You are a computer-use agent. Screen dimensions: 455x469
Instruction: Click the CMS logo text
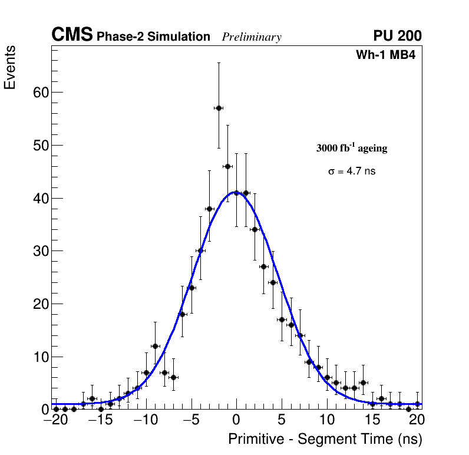[x=72, y=35]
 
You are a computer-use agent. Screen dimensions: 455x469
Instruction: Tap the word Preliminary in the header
[x=252, y=37]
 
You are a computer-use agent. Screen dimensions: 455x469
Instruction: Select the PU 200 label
[x=397, y=36]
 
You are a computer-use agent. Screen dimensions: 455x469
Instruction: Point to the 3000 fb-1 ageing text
[x=352, y=148]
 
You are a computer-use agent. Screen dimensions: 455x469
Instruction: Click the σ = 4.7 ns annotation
[x=352, y=172]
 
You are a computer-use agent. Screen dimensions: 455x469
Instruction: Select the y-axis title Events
[x=10, y=67]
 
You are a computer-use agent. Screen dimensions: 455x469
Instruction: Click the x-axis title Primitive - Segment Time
[x=325, y=439]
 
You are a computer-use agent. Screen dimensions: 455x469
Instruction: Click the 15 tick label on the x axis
[x=372, y=420]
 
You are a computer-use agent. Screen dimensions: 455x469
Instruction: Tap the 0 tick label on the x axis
[x=236, y=420]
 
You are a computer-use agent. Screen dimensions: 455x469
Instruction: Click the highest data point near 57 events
[x=219, y=108]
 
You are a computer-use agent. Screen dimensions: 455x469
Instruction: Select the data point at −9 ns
[x=155, y=346]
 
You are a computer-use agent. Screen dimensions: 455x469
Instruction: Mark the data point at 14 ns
[x=364, y=383]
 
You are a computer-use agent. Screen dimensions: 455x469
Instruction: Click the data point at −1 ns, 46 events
[x=227, y=166]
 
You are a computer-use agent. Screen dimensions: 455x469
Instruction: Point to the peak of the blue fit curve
[x=236, y=192]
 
